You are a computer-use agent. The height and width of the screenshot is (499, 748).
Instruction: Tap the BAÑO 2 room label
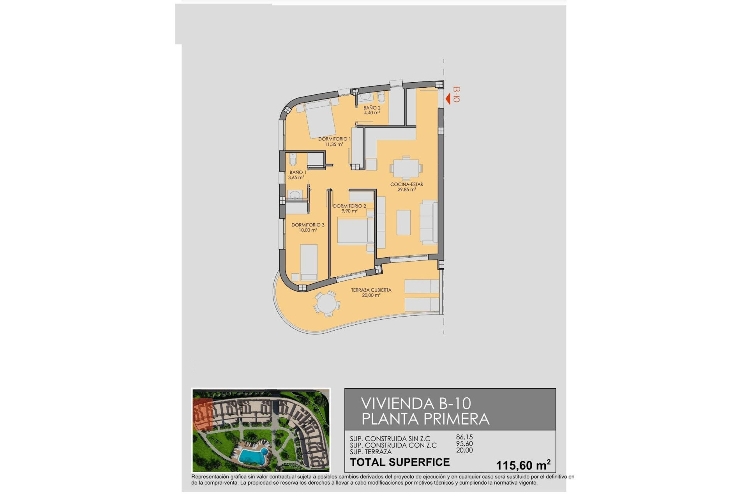pos(372,108)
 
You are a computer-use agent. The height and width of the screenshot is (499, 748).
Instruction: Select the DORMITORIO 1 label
pos(334,139)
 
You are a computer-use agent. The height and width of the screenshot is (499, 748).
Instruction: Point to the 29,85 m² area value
pos(406,190)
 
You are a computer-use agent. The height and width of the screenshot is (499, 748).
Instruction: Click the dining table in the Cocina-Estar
pos(406,169)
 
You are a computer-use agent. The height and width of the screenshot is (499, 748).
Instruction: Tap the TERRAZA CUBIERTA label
pos(371,290)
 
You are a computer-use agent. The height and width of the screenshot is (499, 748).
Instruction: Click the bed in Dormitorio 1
pos(320,119)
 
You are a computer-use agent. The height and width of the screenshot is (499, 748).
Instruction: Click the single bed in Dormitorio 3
pos(309,262)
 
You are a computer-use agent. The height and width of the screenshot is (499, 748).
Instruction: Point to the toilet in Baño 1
pos(293,159)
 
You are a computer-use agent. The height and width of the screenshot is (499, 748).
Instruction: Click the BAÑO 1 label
pos(298,172)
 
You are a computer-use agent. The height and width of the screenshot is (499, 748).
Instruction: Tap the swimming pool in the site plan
pos(251,455)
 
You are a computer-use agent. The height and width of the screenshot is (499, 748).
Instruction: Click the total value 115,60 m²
pos(523,465)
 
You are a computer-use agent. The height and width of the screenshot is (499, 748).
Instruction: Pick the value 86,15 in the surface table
pos(464,437)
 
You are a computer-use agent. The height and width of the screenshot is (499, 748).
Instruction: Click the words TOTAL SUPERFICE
pos(400,462)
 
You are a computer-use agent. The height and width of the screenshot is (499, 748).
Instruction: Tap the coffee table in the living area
pos(404,223)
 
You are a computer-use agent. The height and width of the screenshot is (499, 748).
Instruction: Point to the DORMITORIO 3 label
pos(308,225)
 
